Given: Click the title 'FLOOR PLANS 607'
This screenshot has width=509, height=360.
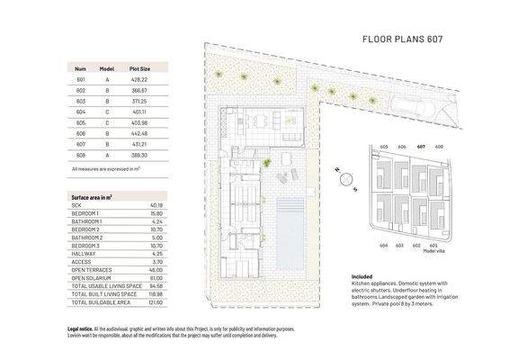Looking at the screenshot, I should coord(401,40).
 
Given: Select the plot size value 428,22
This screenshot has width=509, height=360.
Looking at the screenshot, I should coord(139,80).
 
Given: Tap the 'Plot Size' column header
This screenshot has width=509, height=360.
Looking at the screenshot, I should coord(139,68).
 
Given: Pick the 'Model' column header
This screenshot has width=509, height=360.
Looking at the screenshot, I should coord(106,68).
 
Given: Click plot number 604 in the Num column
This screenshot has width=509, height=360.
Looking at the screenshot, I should coord(79,111).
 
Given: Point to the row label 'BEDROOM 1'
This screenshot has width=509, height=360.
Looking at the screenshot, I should coord(86,213).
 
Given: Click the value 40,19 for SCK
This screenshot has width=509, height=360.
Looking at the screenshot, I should coord(156,205).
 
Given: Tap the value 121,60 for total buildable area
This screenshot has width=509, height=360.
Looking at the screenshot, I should coord(155,301).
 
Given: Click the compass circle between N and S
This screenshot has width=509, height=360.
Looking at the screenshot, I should coord(343,177).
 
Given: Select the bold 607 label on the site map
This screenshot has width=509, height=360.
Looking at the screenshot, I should coord(422,146).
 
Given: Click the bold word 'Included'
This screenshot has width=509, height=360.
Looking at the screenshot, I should coord(362,277).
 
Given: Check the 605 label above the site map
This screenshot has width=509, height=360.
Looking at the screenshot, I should coord(383,146).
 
